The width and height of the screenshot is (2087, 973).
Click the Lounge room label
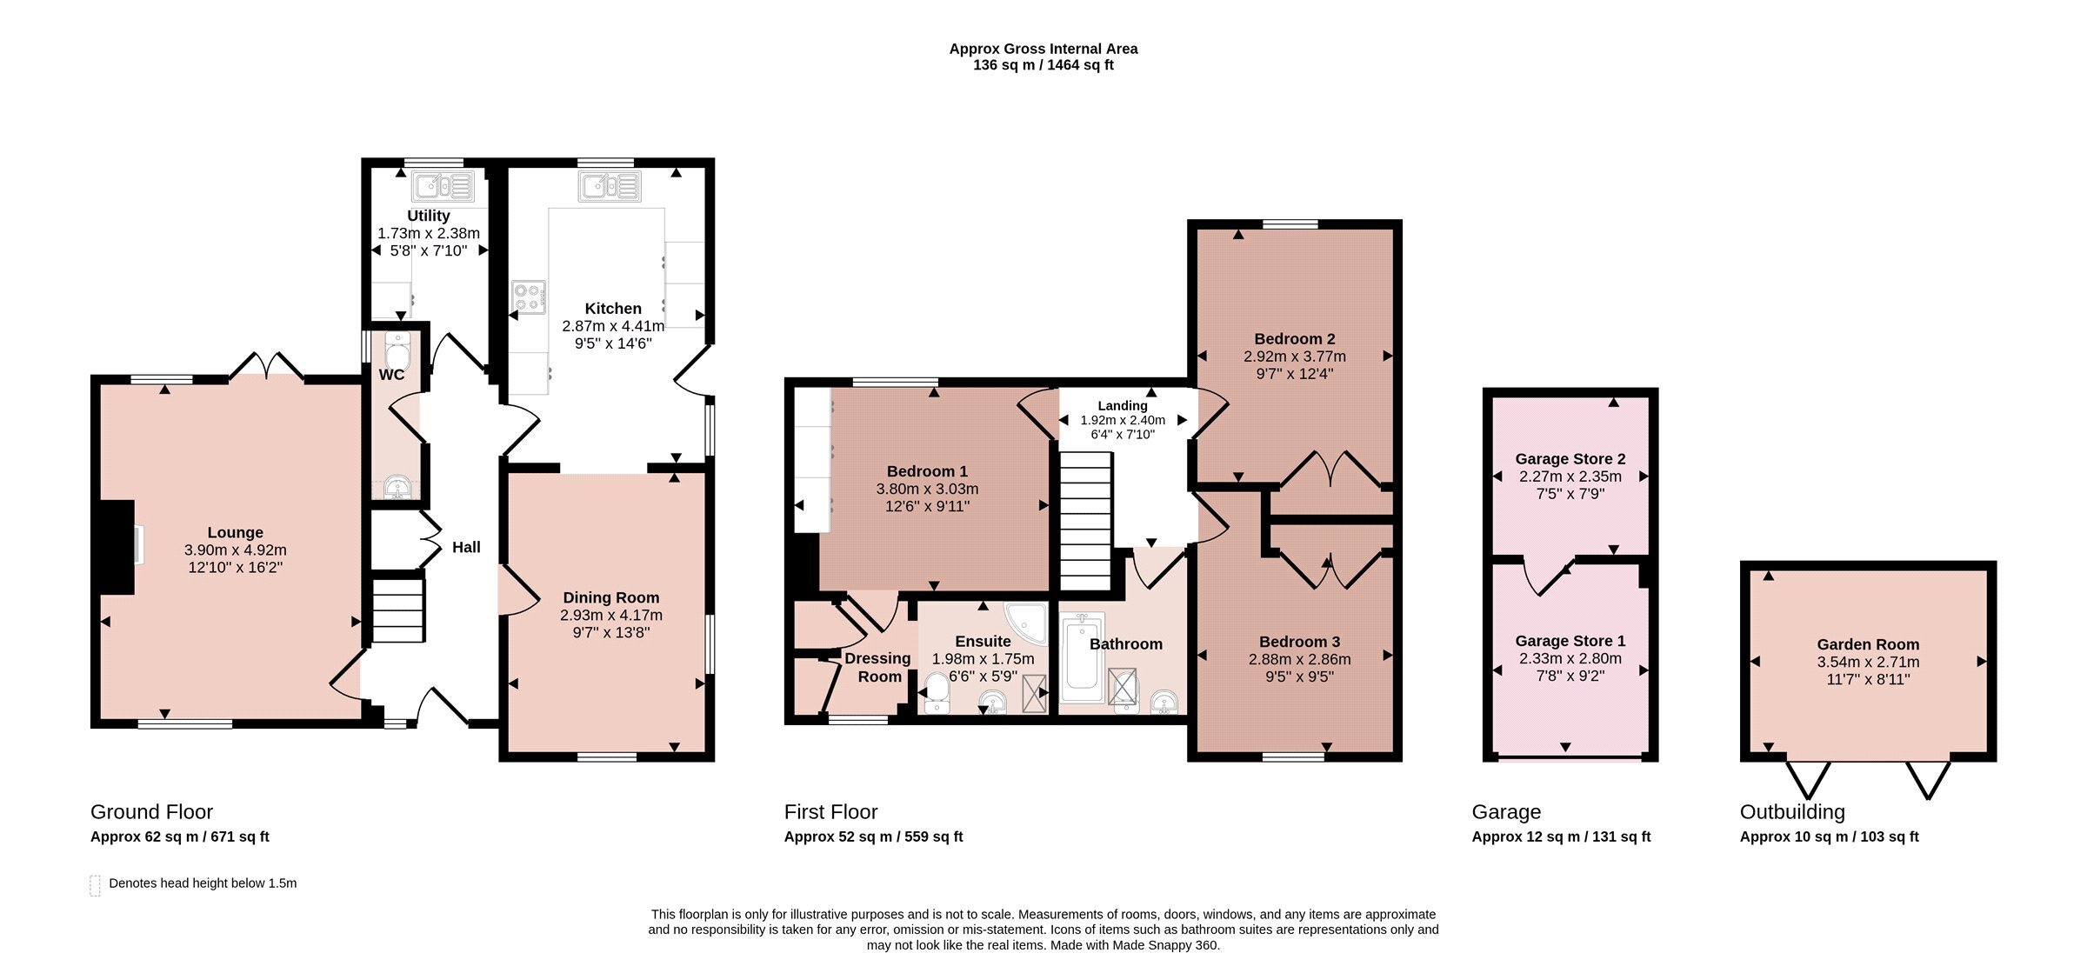pos(235,533)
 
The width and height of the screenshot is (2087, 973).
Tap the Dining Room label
pos(611,597)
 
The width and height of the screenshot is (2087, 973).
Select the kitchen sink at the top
pos(612,186)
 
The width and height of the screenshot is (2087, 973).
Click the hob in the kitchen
pos(529,297)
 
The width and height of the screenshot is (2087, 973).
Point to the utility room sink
pos(443,186)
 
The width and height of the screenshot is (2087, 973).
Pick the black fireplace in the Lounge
pos(117,547)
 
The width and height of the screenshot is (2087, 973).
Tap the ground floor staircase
pos(398,611)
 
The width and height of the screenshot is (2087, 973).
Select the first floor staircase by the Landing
pos(1085,521)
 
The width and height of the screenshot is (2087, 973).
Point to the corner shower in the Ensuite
pos(1027,623)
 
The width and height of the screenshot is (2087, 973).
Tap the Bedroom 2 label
pos(1295,339)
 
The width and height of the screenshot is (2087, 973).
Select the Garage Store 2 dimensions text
pos(1570,485)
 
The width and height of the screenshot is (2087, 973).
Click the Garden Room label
pos(1868,644)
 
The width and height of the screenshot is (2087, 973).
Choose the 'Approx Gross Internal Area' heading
pos(1043,49)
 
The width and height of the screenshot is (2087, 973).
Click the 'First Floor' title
pos(830,811)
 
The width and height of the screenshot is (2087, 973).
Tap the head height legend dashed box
pos(95,885)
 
